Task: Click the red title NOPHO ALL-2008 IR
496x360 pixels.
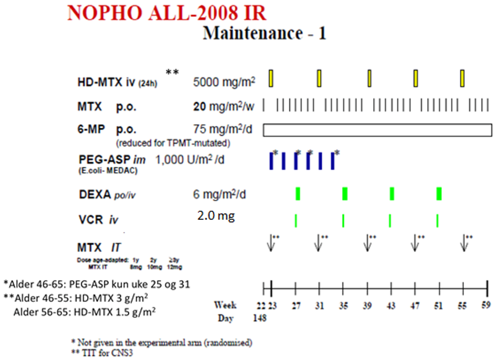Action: tap(167, 13)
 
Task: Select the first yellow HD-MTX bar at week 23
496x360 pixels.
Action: tap(271, 78)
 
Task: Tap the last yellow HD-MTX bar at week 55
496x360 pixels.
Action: tap(462, 78)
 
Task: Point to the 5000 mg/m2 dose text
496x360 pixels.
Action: tap(224, 82)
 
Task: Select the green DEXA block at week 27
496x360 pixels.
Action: tap(298, 193)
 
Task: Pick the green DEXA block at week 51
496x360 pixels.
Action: tap(439, 193)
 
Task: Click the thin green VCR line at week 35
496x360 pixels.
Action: tap(343, 220)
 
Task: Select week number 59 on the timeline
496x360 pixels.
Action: tap(487, 306)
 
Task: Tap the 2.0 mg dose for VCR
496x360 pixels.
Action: tap(216, 216)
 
